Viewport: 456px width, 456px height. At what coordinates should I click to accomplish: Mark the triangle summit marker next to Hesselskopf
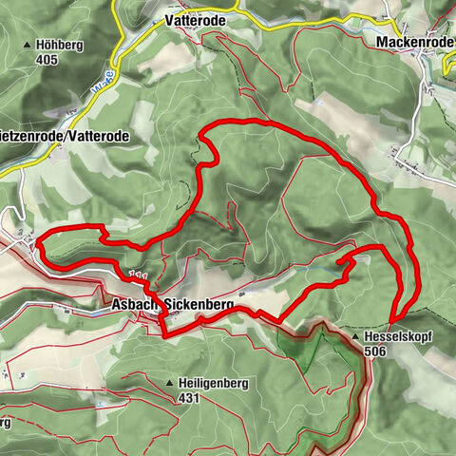click(x=355, y=337)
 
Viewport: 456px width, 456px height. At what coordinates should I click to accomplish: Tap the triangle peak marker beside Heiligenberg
click(x=170, y=384)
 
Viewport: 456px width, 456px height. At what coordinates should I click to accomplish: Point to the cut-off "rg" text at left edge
click(x=5, y=421)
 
